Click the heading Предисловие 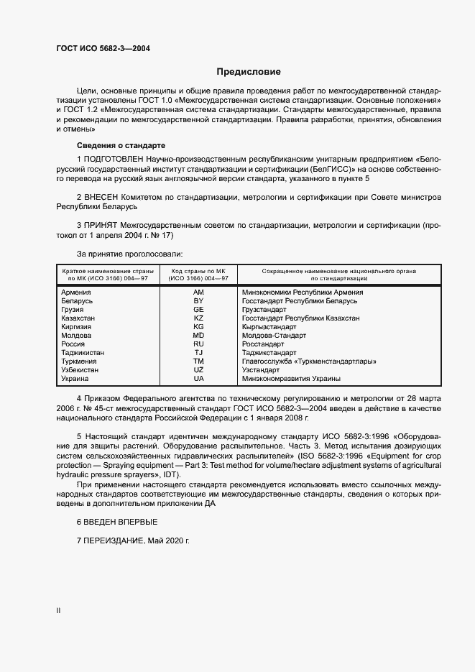(x=249, y=72)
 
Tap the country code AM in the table (x=199, y=293)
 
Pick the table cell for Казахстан (x=78, y=318)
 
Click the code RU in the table (x=199, y=344)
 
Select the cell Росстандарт (x=264, y=344)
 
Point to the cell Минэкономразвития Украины (x=292, y=378)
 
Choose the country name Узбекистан (x=80, y=369)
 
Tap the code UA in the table (x=199, y=378)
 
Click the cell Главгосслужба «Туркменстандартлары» (x=309, y=361)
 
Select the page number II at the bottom (x=58, y=611)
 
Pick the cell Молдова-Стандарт (x=274, y=335)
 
